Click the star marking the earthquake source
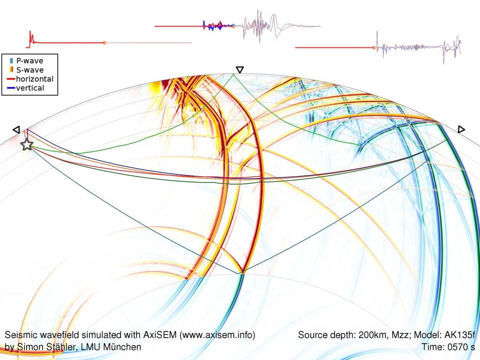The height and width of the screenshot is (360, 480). point(27,145)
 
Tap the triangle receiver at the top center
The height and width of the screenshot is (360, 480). point(240,70)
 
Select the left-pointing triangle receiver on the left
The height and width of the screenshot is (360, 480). point(16,129)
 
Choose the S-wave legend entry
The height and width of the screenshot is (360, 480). point(30,70)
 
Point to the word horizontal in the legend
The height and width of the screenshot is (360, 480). point(35,79)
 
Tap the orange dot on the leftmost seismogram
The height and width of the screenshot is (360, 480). point(104,43)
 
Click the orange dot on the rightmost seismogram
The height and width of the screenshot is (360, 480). point(374,47)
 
